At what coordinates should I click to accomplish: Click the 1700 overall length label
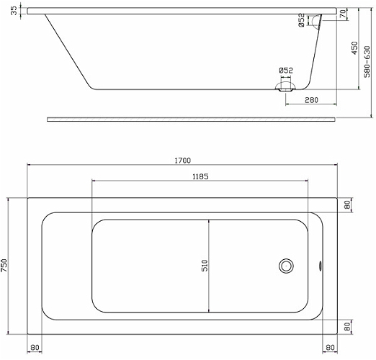pos(182,161)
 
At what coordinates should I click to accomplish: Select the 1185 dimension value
pos(200,176)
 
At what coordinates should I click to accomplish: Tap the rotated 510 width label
pos(205,266)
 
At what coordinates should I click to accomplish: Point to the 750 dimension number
pos(4,266)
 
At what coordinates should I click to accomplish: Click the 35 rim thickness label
pos(14,11)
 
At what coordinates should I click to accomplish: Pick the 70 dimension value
pos(344,14)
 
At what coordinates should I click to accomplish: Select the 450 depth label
pos(354,48)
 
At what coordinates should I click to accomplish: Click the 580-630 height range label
pos(367,62)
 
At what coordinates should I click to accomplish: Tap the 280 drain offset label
pos(311,100)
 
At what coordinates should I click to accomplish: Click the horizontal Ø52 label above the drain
pos(286,71)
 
